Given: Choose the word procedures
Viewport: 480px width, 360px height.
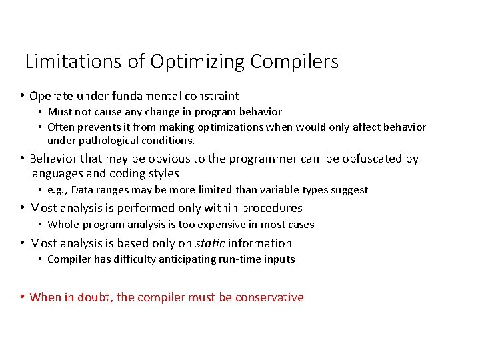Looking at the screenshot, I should pos(271,208).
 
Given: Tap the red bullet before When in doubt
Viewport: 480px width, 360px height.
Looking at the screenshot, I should pos(23,297).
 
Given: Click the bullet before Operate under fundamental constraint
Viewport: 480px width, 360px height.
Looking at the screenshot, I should pos(23,97).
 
